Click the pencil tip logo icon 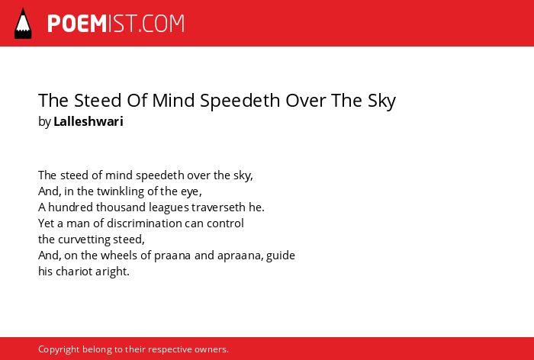pyautogui.click(x=23, y=24)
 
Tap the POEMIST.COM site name pyautogui.click(x=116, y=24)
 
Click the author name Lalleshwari pyautogui.click(x=88, y=121)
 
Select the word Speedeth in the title pyautogui.click(x=240, y=101)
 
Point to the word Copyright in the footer pyautogui.click(x=59, y=350)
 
